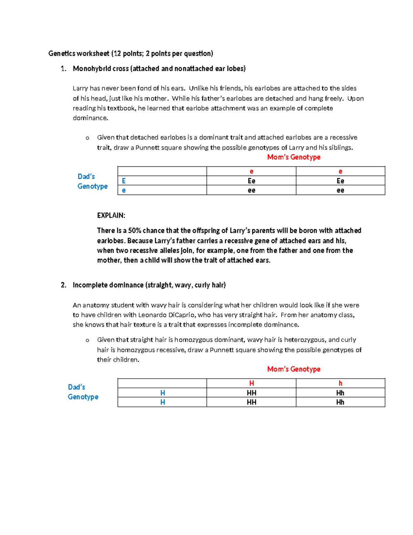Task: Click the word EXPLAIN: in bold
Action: pyautogui.click(x=111, y=216)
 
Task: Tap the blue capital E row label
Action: pyautogui.click(x=124, y=181)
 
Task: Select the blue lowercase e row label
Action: pyautogui.click(x=124, y=190)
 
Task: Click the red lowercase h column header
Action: pyautogui.click(x=340, y=383)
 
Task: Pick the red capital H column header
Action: pyautogui.click(x=252, y=383)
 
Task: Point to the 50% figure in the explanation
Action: pyautogui.click(x=135, y=230)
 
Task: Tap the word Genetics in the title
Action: pyautogui.click(x=62, y=53)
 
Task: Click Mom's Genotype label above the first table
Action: pyautogui.click(x=294, y=157)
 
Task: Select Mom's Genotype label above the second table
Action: pyautogui.click(x=294, y=369)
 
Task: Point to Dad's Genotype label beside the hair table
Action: pyautogui.click(x=83, y=392)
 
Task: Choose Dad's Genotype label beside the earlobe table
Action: pyautogui.click(x=92, y=182)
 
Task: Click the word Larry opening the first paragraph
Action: pyautogui.click(x=80, y=89)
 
